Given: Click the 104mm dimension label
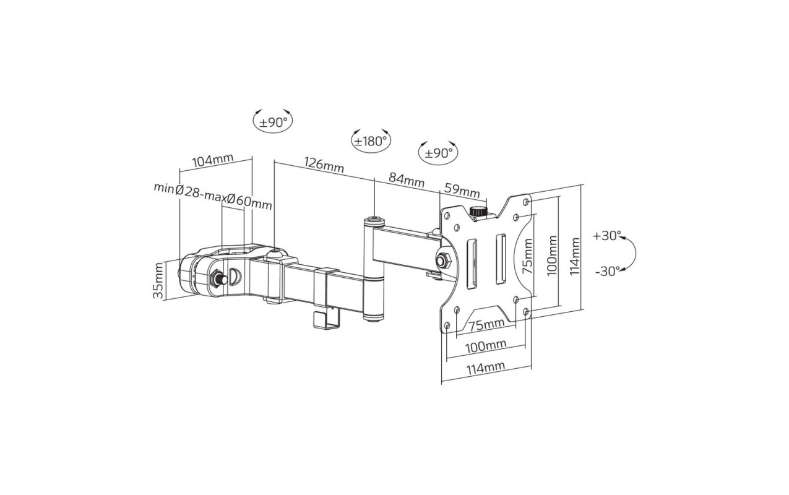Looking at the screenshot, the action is point(213,160).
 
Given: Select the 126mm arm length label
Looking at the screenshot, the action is point(324,165).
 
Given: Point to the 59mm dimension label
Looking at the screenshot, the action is point(462,190).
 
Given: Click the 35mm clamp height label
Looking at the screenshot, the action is point(158,280).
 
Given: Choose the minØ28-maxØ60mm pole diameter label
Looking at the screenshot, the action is point(213,196).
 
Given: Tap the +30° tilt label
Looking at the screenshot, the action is point(606,236).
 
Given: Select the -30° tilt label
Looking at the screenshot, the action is point(607,271).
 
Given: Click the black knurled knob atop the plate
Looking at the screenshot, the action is point(478,212).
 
